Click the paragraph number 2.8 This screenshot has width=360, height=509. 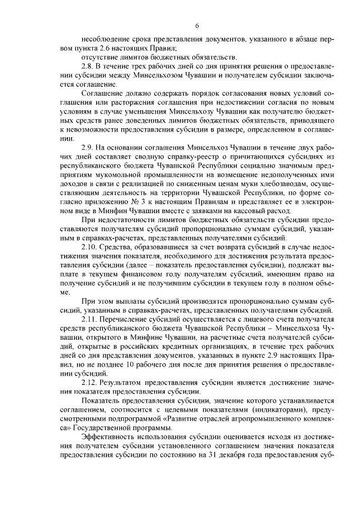[x=87, y=65]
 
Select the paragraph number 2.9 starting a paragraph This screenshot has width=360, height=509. [x=87, y=147]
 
